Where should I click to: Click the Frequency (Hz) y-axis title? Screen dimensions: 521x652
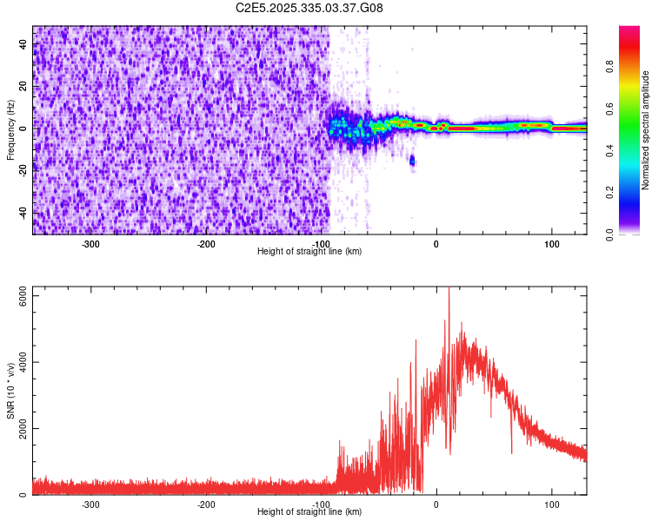coord(10,129)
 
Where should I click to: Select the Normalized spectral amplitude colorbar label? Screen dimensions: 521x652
coord(646,130)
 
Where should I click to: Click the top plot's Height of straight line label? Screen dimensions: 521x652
coord(309,251)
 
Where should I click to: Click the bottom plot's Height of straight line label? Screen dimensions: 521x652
coord(309,511)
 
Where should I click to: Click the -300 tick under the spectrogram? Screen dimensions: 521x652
coord(91,244)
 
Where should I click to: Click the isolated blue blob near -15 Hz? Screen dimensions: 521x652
coord(412,161)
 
